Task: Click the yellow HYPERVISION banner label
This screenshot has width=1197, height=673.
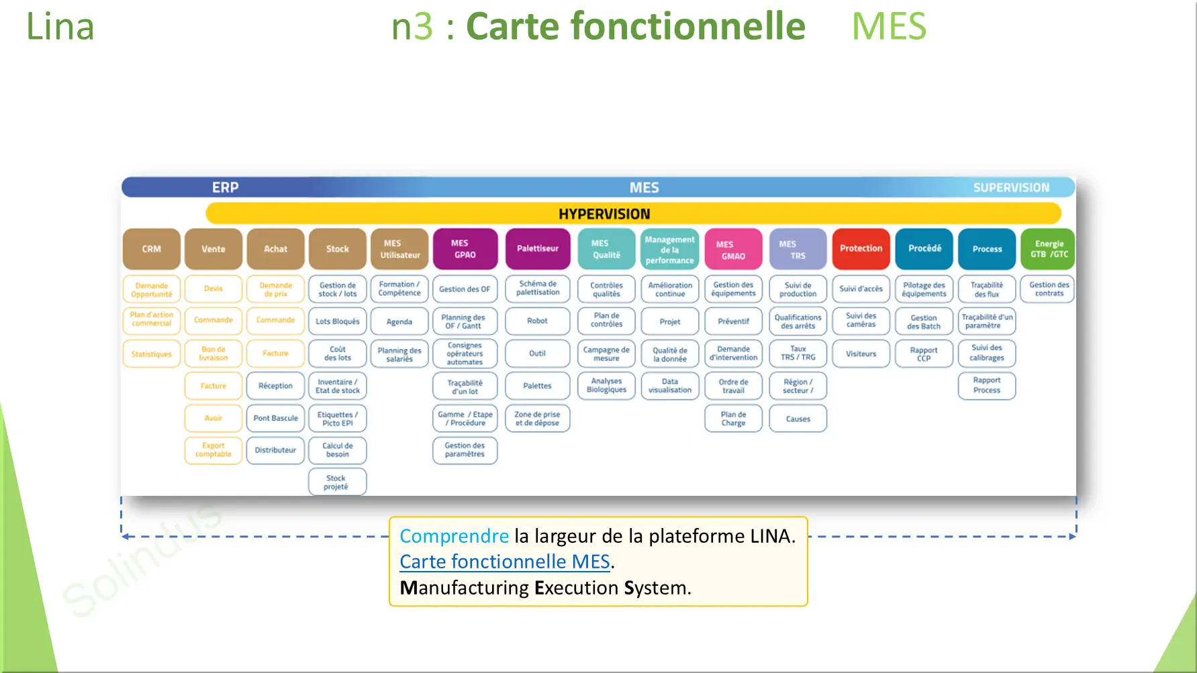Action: click(x=604, y=214)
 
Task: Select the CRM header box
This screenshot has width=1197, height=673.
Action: click(x=152, y=249)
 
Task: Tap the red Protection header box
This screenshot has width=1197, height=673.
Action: click(x=861, y=249)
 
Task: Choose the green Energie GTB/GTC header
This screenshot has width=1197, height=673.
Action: click(x=1049, y=249)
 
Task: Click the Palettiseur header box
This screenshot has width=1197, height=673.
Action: click(x=537, y=249)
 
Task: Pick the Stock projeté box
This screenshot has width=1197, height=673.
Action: click(x=337, y=482)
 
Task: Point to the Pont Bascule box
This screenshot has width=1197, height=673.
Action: click(x=275, y=418)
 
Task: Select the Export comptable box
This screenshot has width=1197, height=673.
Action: click(x=213, y=450)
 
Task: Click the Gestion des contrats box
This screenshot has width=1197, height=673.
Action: click(x=1049, y=289)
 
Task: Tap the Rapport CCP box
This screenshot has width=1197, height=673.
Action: click(x=924, y=354)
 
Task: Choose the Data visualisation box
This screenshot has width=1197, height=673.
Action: click(x=669, y=386)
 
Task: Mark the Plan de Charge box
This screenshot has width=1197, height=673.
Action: click(x=733, y=419)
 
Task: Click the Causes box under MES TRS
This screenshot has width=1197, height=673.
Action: click(x=798, y=419)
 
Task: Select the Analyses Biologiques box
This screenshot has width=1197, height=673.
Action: click(x=606, y=386)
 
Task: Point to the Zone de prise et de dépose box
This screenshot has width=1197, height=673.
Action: click(x=537, y=419)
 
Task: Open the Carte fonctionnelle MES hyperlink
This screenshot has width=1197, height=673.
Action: click(x=505, y=562)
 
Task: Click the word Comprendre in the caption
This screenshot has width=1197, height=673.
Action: click(x=454, y=536)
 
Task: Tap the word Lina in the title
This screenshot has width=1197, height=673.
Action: click(x=60, y=27)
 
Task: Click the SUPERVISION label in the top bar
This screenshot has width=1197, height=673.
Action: click(x=1011, y=188)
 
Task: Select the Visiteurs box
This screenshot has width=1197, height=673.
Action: click(x=861, y=354)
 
